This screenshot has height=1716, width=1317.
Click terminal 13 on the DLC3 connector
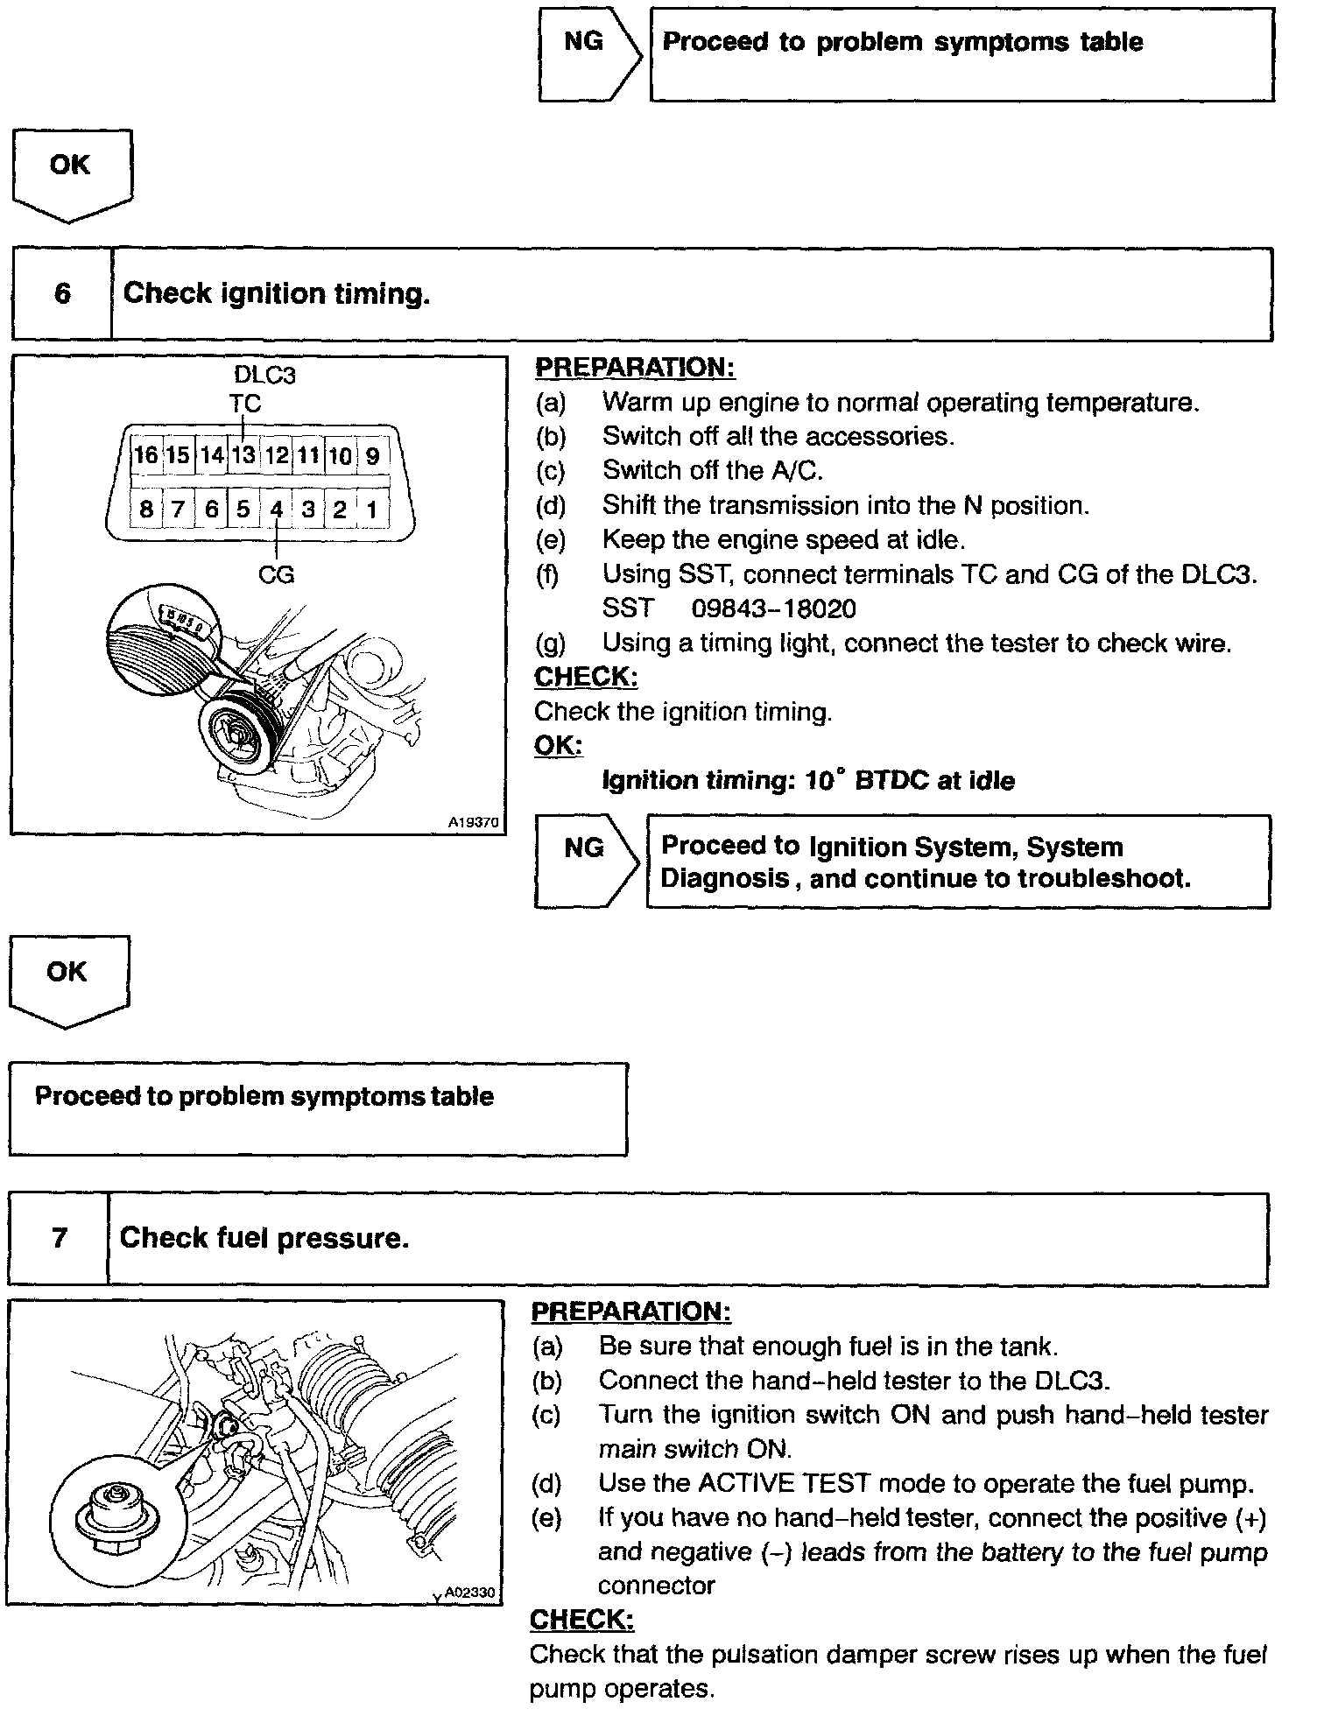click(x=243, y=455)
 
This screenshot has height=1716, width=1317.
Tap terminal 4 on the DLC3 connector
click(x=276, y=510)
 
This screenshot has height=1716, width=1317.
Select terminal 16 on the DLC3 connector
click(x=145, y=455)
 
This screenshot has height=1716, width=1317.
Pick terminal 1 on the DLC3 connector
click(x=372, y=510)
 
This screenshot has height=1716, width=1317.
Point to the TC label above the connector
click(x=245, y=404)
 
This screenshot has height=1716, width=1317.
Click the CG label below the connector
click(x=276, y=575)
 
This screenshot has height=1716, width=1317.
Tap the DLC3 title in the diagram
click(x=264, y=376)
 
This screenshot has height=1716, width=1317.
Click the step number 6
click(x=62, y=293)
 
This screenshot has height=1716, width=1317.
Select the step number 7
click(x=60, y=1238)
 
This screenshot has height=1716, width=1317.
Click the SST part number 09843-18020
click(x=773, y=608)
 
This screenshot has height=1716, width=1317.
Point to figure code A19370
click(x=473, y=823)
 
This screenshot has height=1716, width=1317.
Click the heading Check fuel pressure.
click(x=264, y=1238)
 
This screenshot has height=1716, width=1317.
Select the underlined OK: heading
click(x=558, y=745)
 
